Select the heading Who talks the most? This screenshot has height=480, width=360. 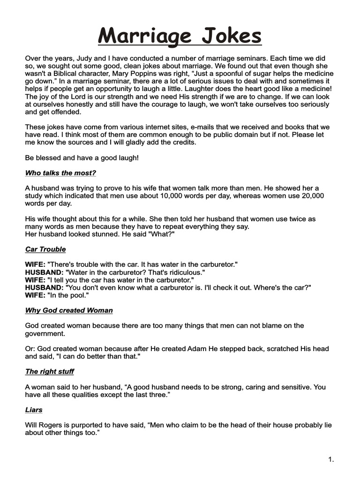click(x=60, y=173)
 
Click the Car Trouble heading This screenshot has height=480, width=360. click(x=45, y=249)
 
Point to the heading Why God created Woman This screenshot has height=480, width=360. click(x=69, y=310)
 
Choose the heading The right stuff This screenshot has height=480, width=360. click(x=50, y=371)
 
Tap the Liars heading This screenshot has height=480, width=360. click(x=34, y=410)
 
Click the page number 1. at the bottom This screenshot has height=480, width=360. click(x=331, y=460)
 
